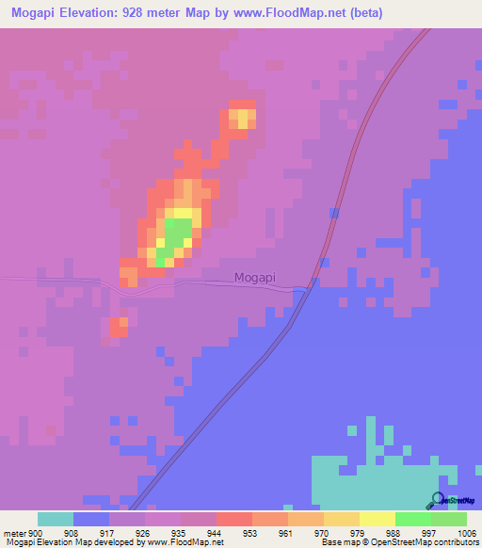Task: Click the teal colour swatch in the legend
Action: [x=56, y=519]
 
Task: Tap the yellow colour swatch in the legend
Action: [x=377, y=519]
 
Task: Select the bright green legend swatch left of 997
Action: [x=412, y=519]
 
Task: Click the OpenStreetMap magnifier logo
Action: [x=437, y=501]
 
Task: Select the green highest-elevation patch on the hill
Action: [x=176, y=235]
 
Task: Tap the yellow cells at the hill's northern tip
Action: [x=243, y=118]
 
